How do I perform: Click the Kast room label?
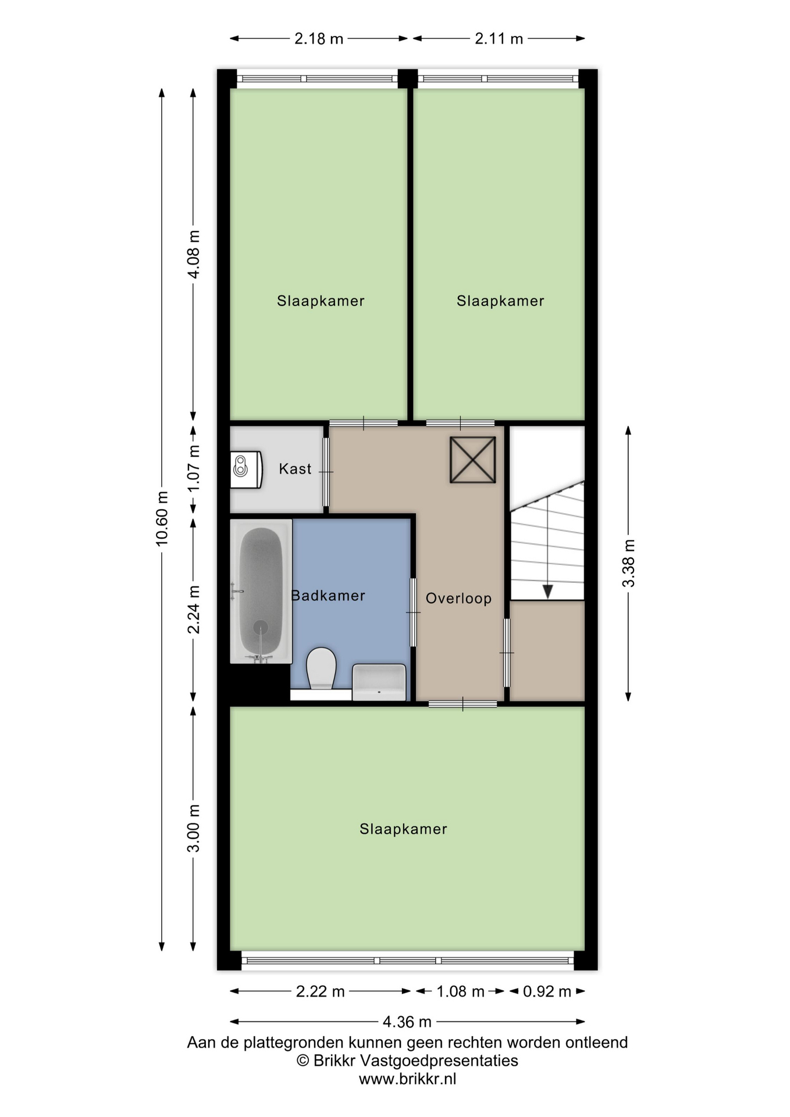tap(295, 469)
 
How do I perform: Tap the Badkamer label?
tap(328, 596)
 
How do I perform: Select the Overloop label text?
tap(458, 599)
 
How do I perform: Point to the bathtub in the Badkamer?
tap(261, 591)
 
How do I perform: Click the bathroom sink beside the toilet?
tap(379, 682)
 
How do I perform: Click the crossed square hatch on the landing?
tap(473, 460)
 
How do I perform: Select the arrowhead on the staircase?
tap(547, 592)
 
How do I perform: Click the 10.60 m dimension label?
tap(162, 518)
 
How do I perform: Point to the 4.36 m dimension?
tap(407, 1022)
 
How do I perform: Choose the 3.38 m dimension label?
tap(628, 563)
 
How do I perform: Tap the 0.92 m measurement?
tap(547, 991)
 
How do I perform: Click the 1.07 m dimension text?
tap(194, 468)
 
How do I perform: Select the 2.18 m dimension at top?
tap(319, 39)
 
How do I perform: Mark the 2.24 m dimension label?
tap(194, 609)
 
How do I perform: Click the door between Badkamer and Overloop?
tap(414, 612)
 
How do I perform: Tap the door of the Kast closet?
tap(326, 472)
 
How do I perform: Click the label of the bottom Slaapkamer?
tap(403, 829)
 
